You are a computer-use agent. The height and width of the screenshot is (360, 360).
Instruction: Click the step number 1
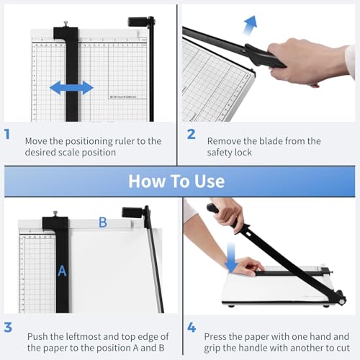8,135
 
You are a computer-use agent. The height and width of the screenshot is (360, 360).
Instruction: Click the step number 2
191,135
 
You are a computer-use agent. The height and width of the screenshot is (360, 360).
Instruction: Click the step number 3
8,328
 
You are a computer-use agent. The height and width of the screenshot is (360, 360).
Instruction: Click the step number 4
191,328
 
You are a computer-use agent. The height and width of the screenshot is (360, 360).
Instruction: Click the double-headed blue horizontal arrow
71,88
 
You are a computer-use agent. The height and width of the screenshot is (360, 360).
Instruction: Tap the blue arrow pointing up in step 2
250,27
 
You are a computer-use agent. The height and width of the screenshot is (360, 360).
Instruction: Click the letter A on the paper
62,271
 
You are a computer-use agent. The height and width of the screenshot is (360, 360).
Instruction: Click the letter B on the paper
102,222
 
